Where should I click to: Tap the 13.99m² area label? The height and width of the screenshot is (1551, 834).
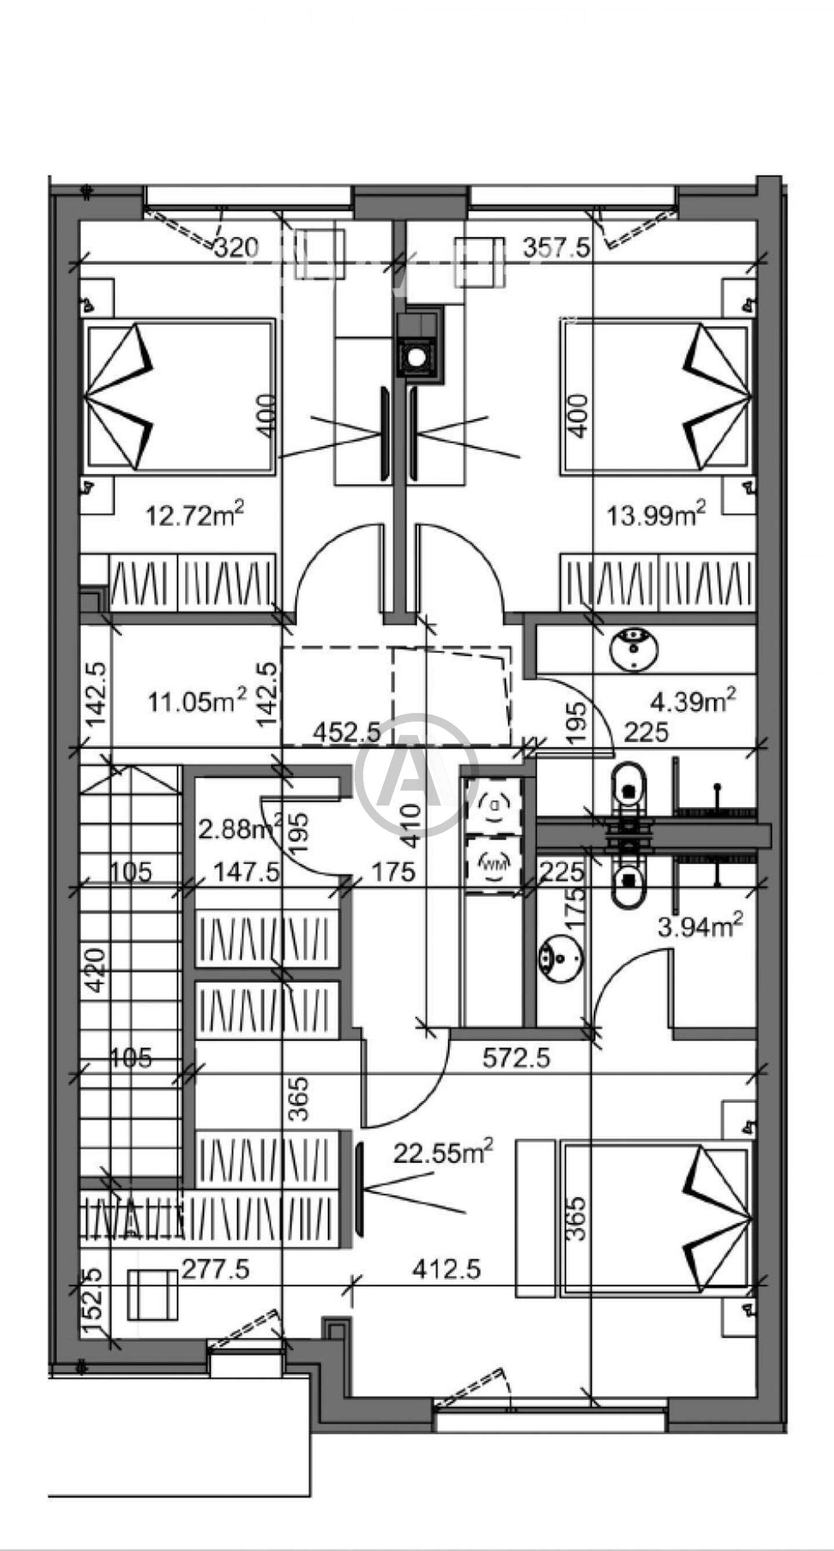(656, 515)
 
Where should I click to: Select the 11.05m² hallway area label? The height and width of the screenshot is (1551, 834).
(197, 701)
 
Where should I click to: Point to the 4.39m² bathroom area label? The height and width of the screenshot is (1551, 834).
(693, 701)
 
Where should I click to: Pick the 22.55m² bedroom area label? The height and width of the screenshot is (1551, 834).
(444, 1152)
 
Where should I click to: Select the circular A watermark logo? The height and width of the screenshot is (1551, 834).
(416, 776)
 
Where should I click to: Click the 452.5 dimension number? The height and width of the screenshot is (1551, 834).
(347, 732)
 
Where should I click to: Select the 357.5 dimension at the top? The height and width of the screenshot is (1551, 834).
(557, 247)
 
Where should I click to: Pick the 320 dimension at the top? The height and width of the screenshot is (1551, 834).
(236, 247)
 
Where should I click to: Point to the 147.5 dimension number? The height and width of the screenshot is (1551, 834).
(247, 872)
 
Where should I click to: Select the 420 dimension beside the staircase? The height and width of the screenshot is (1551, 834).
(96, 970)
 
